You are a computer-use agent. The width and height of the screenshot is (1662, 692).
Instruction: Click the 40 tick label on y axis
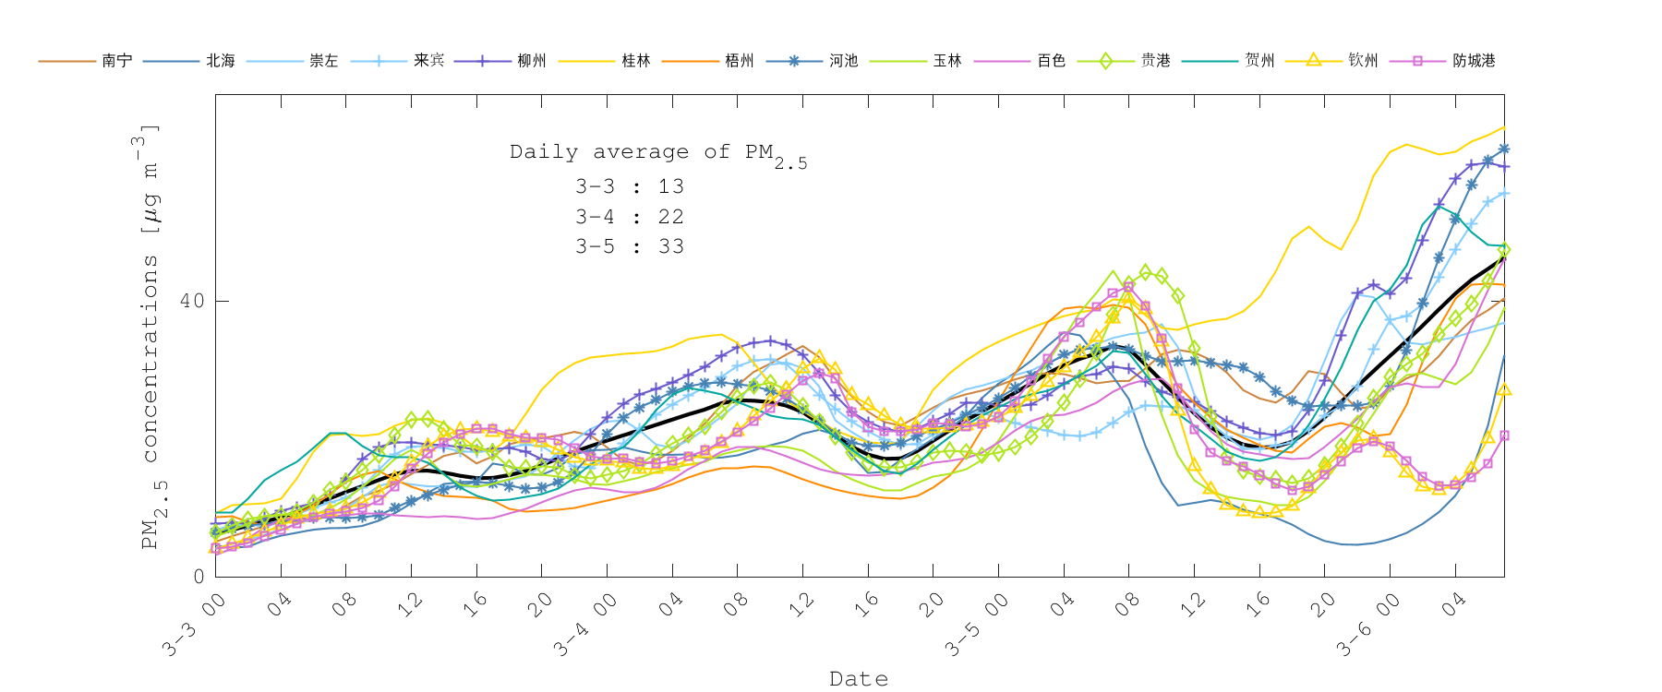coord(192,302)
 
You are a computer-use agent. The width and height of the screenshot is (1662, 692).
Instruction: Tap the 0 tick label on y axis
coord(199,577)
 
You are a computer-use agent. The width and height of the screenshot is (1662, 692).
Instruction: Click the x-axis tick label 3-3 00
coord(194,625)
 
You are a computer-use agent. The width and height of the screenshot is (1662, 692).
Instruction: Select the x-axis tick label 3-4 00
coord(585,625)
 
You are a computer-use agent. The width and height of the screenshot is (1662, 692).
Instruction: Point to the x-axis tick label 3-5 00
coord(977,625)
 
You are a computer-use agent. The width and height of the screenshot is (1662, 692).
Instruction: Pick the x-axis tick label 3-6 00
coord(1368,625)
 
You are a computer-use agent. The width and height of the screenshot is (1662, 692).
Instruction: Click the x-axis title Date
coord(859,679)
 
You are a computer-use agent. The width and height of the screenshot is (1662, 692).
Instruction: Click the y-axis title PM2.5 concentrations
coord(150,337)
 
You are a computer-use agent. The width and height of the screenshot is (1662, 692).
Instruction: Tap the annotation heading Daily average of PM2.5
coord(657,153)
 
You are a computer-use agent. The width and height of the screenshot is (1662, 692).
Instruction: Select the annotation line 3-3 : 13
coord(630,186)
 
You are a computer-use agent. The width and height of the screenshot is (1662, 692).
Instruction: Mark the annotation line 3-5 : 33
coord(630,246)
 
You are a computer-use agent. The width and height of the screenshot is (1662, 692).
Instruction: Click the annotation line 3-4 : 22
coord(630,217)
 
